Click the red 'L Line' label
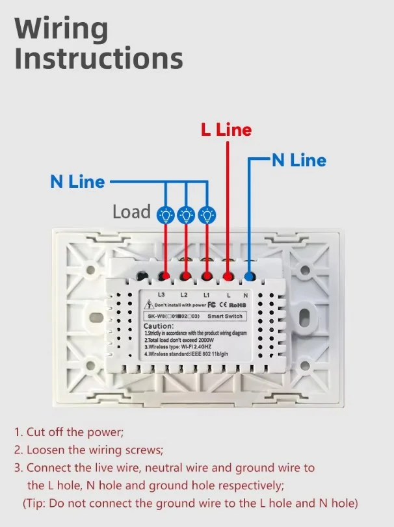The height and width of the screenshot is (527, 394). [226, 130]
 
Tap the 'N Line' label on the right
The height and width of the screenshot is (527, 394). [298, 160]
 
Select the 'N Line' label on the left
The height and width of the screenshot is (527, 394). [77, 181]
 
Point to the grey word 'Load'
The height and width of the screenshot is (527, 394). [131, 212]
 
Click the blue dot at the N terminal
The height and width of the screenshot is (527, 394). [249, 277]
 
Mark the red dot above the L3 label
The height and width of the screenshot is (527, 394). [165, 277]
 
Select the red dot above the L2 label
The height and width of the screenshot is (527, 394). [186, 277]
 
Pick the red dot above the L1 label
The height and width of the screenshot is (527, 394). [207, 277]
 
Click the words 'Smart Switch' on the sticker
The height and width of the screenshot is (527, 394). [226, 316]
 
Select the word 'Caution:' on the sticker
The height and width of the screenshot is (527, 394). [159, 326]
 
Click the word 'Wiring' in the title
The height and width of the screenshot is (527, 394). [61, 30]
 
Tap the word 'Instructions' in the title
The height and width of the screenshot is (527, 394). [99, 58]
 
